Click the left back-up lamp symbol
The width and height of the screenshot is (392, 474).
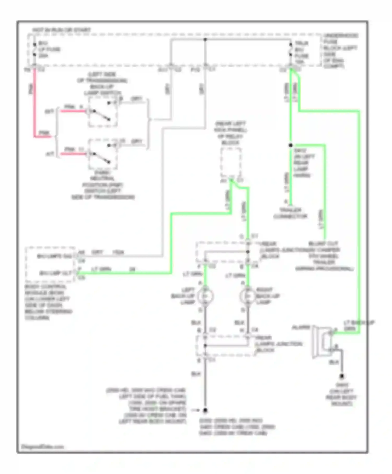point(205,296)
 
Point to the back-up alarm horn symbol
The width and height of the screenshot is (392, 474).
point(323,342)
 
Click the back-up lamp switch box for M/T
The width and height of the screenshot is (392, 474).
point(102,112)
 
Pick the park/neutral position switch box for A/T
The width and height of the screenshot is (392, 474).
point(102,154)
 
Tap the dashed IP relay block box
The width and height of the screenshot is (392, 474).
point(231,162)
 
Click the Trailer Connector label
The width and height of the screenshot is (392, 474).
point(290,213)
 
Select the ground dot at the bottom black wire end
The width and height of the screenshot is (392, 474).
point(205,410)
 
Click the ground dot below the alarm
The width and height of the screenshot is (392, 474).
point(342,376)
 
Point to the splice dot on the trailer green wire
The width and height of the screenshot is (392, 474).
point(291,145)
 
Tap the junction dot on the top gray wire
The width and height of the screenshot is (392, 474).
point(205,40)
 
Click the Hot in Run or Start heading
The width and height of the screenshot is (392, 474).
point(61,30)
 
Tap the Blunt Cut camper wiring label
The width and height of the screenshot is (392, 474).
point(324,256)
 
